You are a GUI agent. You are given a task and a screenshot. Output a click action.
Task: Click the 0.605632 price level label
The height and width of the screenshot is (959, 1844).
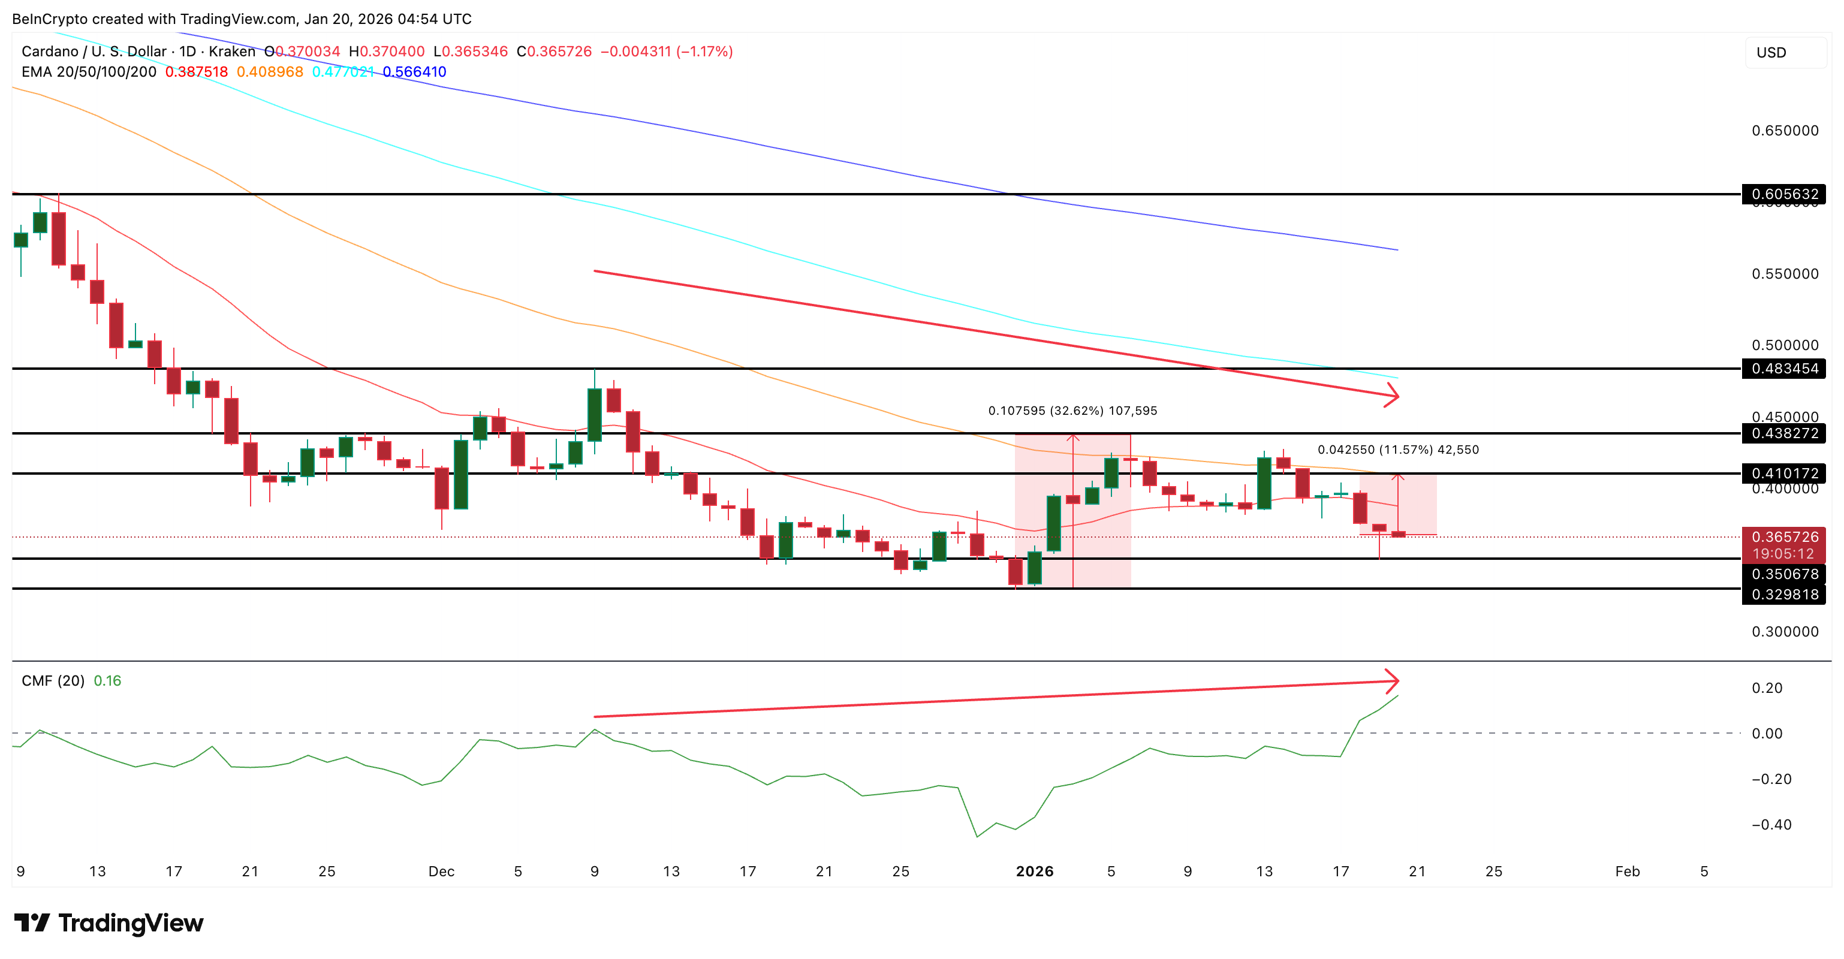point(1784,194)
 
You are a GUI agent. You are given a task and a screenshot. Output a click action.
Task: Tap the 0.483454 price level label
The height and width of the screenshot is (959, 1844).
point(1784,369)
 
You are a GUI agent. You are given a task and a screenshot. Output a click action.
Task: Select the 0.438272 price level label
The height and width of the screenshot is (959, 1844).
point(1784,433)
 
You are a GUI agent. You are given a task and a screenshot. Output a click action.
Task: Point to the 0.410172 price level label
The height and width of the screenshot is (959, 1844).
point(1784,473)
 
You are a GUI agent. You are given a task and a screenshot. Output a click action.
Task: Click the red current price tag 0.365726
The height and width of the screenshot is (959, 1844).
point(1784,538)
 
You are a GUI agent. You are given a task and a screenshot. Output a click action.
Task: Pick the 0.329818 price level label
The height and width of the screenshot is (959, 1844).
point(1784,595)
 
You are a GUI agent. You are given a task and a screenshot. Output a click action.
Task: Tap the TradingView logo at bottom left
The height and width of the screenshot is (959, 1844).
point(109,923)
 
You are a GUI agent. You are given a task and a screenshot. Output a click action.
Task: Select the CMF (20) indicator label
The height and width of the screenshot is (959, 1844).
point(53,681)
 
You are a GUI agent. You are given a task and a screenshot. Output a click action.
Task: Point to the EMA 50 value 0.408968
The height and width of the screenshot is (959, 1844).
point(270,71)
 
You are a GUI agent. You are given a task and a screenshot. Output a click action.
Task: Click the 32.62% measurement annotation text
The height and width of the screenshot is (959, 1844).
point(1072,411)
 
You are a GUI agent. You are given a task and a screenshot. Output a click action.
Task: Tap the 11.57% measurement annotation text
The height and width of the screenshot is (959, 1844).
point(1397,450)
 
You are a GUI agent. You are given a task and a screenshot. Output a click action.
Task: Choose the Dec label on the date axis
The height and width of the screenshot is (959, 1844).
point(441,871)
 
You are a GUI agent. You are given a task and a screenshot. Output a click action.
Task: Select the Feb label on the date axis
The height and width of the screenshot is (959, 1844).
point(1627,871)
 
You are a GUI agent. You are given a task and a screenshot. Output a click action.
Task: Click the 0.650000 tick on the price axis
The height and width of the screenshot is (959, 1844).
point(1785,130)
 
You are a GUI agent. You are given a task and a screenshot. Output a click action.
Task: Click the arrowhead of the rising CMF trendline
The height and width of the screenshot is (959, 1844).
point(1394,681)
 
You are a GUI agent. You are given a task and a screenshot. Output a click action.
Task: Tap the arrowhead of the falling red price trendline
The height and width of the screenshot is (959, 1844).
point(1394,395)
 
